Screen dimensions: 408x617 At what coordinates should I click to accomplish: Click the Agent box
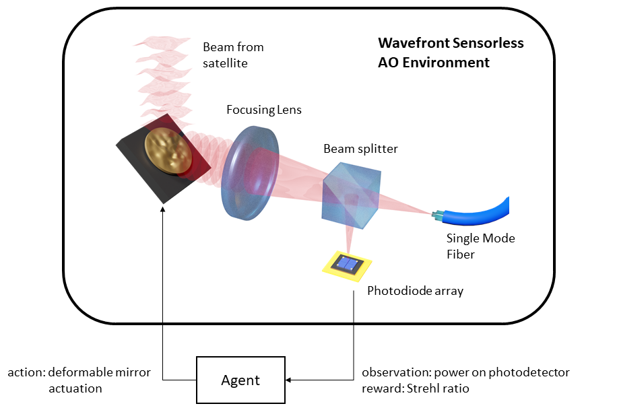[x=240, y=380]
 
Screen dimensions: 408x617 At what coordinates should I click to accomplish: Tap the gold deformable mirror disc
[x=168, y=151]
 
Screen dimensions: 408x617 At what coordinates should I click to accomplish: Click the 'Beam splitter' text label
[x=360, y=148]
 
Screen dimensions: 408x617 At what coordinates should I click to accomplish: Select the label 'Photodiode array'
[x=415, y=292]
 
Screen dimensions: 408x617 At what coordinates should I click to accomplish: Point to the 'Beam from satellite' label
[x=233, y=55]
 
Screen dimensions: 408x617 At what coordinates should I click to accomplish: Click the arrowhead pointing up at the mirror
[x=163, y=211]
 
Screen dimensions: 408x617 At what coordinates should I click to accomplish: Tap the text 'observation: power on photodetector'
[x=465, y=372]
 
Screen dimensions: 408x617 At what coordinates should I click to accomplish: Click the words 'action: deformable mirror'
[x=79, y=372]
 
